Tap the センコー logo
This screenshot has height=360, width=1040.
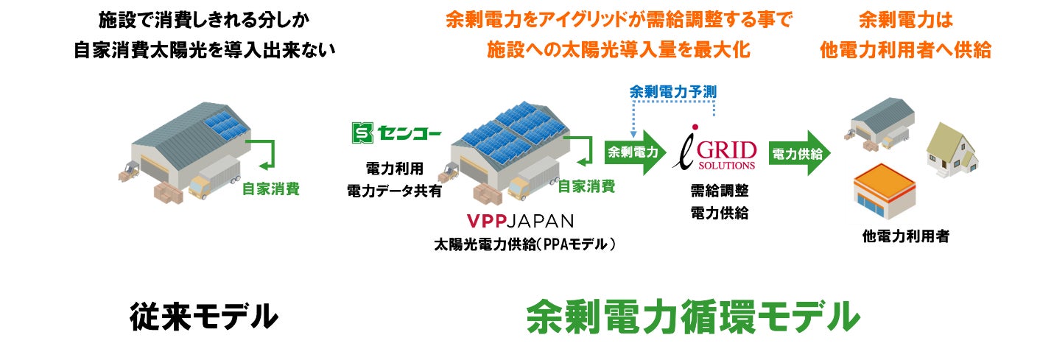click(396, 133)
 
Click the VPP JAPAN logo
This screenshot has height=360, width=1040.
click(520, 220)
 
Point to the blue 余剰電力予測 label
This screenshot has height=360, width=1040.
click(673, 92)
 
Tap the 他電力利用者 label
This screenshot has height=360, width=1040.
click(905, 237)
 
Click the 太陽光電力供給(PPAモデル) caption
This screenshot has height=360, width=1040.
click(524, 244)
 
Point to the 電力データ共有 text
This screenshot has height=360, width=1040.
click(394, 191)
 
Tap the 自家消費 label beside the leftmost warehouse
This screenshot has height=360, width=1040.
click(270, 188)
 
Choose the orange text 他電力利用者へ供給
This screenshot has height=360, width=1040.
click(905, 49)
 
